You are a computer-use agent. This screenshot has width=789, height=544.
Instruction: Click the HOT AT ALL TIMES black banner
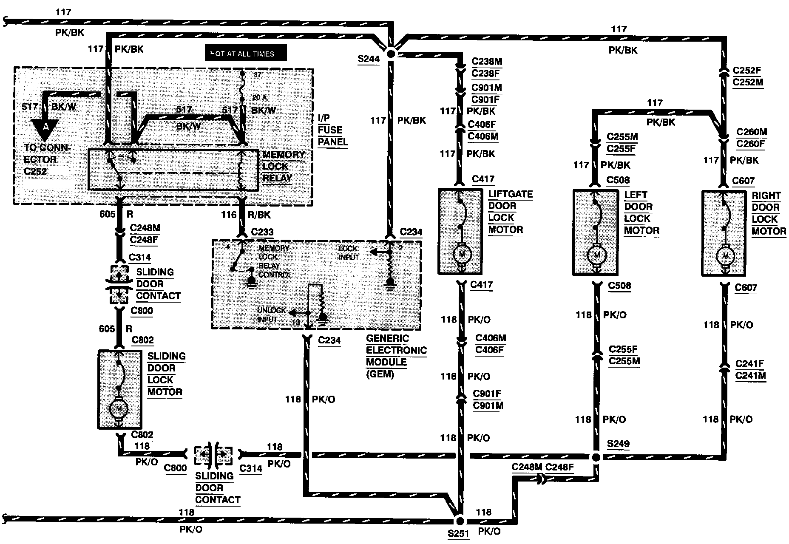246,54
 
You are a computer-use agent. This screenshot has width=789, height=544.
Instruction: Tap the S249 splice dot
596,457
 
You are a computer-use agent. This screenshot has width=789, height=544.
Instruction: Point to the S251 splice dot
460,521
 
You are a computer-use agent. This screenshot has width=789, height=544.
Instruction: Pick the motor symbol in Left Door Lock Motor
596,255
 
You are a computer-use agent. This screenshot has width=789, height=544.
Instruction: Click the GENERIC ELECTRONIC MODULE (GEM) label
396,356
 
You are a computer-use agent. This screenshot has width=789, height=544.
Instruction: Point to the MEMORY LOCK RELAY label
283,166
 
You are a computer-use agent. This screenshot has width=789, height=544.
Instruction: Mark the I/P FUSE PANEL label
332,130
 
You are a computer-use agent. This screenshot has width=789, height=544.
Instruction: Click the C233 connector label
262,232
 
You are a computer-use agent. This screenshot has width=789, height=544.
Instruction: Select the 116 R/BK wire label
244,215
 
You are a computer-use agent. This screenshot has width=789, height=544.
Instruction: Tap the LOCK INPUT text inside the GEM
349,253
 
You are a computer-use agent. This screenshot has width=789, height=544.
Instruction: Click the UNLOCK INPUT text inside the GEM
272,315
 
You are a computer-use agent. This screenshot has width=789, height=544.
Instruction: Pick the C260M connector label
752,132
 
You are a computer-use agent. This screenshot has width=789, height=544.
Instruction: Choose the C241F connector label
749,364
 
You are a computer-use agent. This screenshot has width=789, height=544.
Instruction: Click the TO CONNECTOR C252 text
46,160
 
